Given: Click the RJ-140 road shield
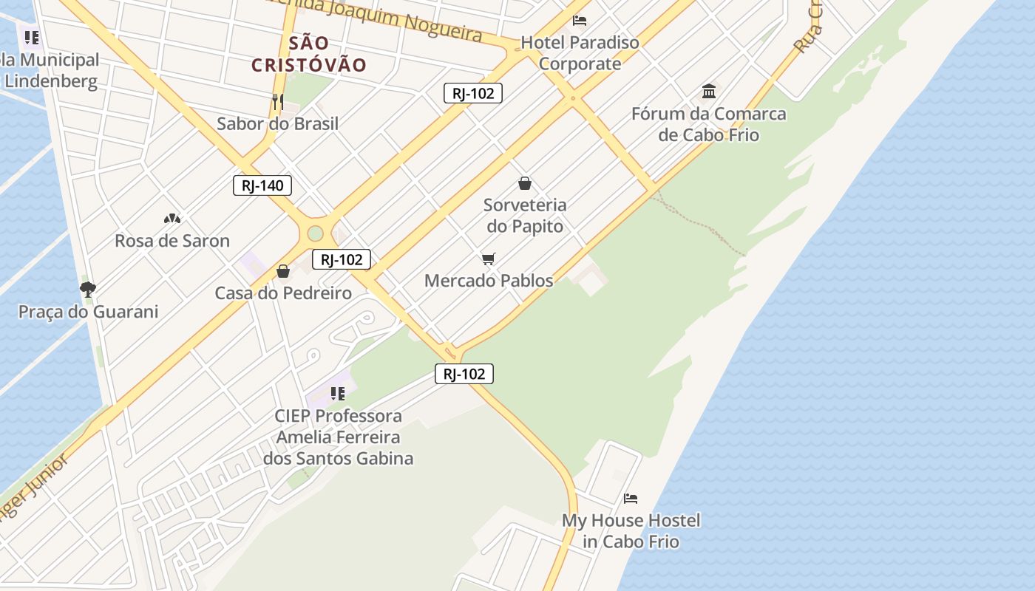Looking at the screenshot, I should pyautogui.click(x=262, y=185).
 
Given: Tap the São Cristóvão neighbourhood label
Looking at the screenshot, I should pyautogui.click(x=309, y=54).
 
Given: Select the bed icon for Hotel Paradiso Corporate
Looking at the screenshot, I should pyautogui.click(x=580, y=20).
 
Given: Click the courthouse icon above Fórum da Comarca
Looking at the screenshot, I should pyautogui.click(x=709, y=91).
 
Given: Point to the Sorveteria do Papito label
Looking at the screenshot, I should pyautogui.click(x=525, y=216).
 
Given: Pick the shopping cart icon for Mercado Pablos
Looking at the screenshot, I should pyautogui.click(x=488, y=259).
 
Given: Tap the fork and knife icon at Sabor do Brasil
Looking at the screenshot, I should pyautogui.click(x=278, y=101).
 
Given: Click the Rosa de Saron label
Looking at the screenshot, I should pyautogui.click(x=172, y=241).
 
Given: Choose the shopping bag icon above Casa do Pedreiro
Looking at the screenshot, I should pyautogui.click(x=282, y=271).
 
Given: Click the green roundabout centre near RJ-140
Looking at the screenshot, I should pyautogui.click(x=315, y=233).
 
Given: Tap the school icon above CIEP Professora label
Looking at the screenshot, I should pyautogui.click(x=337, y=393).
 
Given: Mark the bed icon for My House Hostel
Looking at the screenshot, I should pyautogui.click(x=631, y=499).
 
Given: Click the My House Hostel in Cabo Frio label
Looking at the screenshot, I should pyautogui.click(x=631, y=531).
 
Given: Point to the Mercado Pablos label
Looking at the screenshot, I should pyautogui.click(x=489, y=281).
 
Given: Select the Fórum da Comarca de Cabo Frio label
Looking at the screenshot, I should pyautogui.click(x=709, y=124).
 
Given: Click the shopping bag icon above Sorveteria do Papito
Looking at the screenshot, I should pyautogui.click(x=525, y=182).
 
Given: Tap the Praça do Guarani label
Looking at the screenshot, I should pyautogui.click(x=88, y=312).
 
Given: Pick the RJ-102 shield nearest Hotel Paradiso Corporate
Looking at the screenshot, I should pyautogui.click(x=473, y=93).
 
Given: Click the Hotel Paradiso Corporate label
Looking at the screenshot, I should pyautogui.click(x=580, y=53).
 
